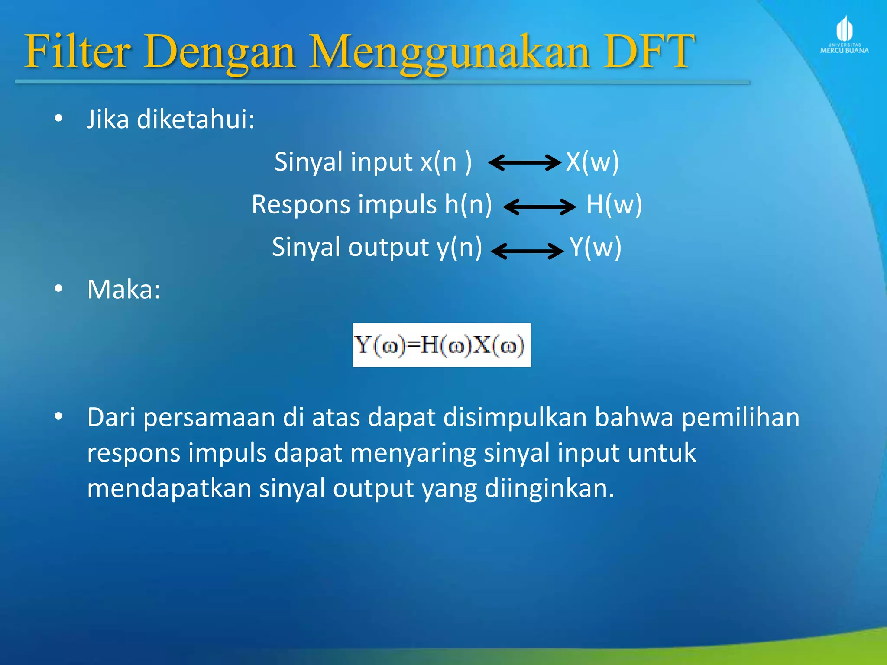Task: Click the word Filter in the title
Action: click(77, 52)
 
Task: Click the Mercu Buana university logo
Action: click(844, 35)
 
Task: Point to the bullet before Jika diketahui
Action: click(58, 118)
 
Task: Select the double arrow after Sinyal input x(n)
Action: click(524, 163)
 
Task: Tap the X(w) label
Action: click(592, 162)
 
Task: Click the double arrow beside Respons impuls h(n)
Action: click(540, 207)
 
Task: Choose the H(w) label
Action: click(614, 204)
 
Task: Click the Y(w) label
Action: click(596, 247)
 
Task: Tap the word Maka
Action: click(123, 289)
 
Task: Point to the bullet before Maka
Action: click(58, 289)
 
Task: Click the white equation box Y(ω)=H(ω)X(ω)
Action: click(441, 345)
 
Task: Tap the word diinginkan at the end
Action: click(549, 489)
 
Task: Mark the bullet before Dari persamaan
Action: click(58, 416)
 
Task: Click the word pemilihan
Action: click(740, 418)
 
